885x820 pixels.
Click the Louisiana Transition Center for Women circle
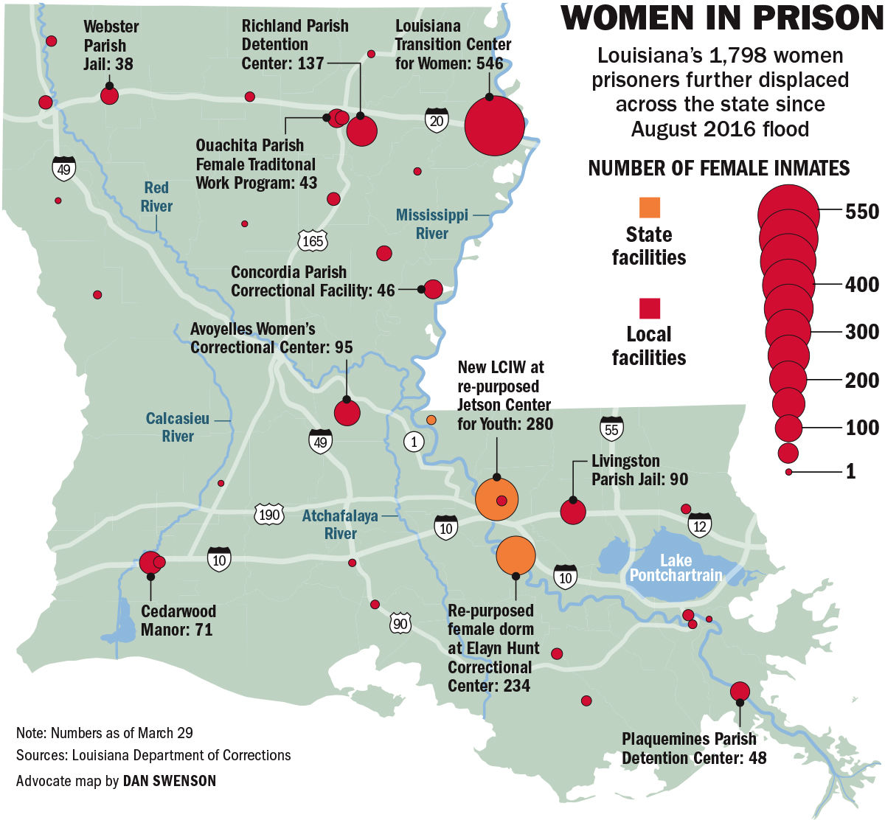(494, 126)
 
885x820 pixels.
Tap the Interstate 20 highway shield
(436, 119)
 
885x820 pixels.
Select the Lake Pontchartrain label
(676, 567)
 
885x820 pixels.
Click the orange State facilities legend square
(649, 207)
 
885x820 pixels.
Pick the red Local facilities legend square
(649, 308)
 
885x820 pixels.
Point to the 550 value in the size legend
(862, 212)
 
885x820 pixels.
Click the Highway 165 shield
(313, 240)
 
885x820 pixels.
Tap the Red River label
(156, 197)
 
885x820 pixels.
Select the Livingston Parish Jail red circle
(573, 512)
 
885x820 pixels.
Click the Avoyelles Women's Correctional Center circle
(347, 412)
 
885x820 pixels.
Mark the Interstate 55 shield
(611, 428)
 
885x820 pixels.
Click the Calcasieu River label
(177, 428)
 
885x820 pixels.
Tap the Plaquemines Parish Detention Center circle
(740, 691)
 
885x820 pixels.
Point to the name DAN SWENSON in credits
(170, 779)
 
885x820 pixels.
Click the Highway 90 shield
(400, 624)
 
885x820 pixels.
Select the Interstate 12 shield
(699, 525)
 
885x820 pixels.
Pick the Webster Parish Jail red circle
(109, 95)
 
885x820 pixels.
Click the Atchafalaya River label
(340, 524)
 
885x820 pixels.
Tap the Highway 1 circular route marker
(414, 442)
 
